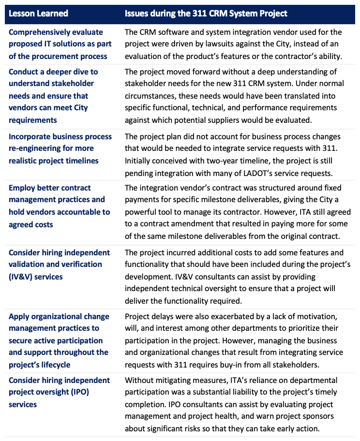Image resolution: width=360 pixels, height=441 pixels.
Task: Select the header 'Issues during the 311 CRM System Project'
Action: (x=206, y=13)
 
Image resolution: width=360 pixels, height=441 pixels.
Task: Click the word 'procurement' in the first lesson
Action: (x=62, y=56)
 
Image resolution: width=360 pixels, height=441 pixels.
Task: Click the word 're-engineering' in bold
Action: (x=33, y=148)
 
